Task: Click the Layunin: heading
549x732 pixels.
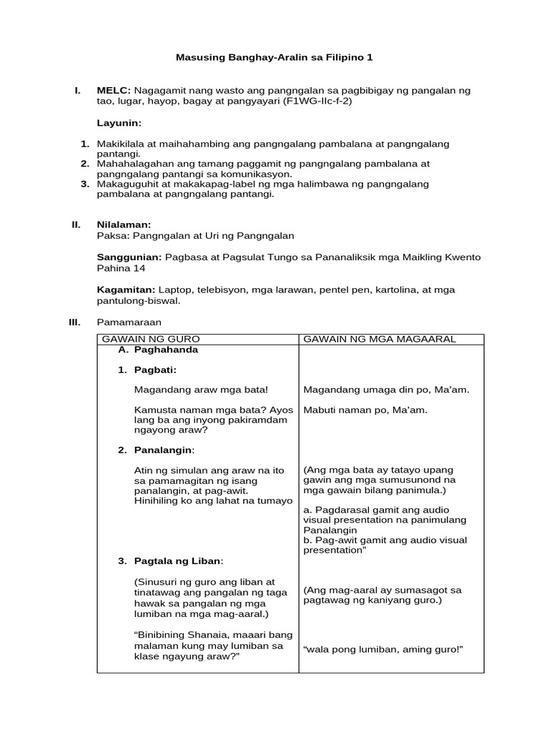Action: coord(119,123)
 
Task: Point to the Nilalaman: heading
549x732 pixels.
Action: coord(124,224)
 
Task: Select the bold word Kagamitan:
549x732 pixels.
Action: coord(126,290)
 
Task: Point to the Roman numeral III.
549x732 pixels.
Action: coord(74,322)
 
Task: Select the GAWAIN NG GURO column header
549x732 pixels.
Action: coord(151,339)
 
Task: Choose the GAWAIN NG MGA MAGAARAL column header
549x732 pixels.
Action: coord(380,339)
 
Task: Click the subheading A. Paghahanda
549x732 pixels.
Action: coord(158,350)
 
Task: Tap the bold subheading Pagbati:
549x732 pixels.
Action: coord(155,370)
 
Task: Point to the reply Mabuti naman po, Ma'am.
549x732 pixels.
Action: coord(365,410)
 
